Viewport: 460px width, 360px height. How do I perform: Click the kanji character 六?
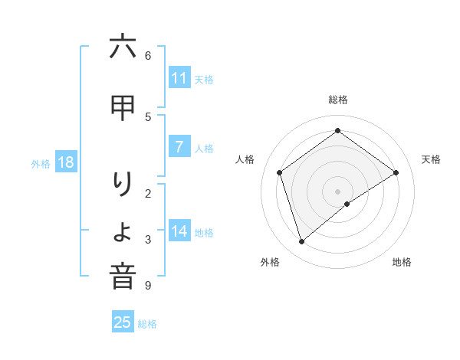pyautogui.click(x=123, y=47)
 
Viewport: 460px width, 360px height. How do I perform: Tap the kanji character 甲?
pyautogui.click(x=123, y=109)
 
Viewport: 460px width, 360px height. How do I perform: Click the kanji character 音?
pyautogui.click(x=123, y=277)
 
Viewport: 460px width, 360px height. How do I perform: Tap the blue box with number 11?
pyautogui.click(x=179, y=78)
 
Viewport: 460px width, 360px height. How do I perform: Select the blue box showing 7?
pyautogui.click(x=179, y=147)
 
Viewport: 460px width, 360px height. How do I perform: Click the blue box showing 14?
pyautogui.click(x=179, y=231)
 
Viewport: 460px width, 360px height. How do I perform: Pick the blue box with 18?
pyautogui.click(x=65, y=162)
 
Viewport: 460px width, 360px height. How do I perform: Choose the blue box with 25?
pyautogui.click(x=123, y=322)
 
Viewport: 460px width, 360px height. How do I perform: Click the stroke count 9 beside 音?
pyautogui.click(x=148, y=286)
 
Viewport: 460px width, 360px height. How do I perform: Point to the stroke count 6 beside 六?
pyautogui.click(x=148, y=55)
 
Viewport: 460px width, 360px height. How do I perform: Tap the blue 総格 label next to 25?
pyautogui.click(x=147, y=324)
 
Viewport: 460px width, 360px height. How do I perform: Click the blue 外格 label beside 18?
pyautogui.click(x=41, y=163)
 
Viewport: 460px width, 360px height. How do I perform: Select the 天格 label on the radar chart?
pyautogui.click(x=431, y=159)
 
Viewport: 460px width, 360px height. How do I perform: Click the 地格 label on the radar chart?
pyautogui.click(x=402, y=262)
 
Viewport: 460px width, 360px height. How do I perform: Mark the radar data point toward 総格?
pyautogui.click(x=337, y=130)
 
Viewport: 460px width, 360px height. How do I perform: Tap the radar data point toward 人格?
pyautogui.click(x=280, y=172)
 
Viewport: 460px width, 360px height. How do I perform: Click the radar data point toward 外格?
pyautogui.click(x=302, y=242)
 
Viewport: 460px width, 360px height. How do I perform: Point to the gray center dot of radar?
pyautogui.click(x=337, y=191)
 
